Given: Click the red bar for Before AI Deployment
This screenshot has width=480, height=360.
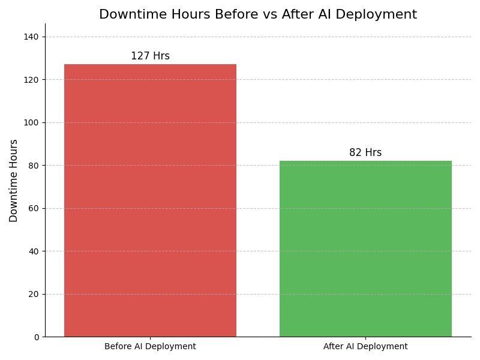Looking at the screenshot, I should [150, 200].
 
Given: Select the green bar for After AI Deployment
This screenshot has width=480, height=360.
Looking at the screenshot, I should [365, 248].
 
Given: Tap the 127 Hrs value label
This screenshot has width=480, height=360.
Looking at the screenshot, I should [150, 56].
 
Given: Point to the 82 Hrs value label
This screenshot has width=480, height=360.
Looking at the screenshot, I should [365, 153].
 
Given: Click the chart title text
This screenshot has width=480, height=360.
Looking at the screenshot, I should [258, 15].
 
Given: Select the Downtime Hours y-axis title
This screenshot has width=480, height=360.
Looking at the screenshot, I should [14, 181].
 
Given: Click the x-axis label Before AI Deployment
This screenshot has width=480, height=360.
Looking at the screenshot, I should [150, 347].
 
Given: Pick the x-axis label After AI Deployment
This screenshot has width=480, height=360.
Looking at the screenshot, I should [365, 347].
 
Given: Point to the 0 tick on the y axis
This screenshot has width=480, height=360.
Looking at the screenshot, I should [36, 337].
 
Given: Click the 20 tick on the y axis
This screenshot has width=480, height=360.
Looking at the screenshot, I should [34, 294].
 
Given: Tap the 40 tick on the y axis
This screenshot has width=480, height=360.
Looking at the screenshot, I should [34, 251].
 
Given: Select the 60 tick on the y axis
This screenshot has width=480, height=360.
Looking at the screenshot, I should [34, 208].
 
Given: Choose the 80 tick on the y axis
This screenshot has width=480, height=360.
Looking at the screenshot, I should [34, 166].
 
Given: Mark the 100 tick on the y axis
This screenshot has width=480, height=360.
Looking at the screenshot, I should [32, 122].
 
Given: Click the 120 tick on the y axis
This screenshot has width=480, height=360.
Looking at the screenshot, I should [32, 80].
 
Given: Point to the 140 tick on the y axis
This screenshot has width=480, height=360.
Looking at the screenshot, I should [32, 37].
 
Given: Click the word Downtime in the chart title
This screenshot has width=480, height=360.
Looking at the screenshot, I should [128, 15].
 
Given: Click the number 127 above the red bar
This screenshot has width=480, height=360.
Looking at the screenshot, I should [140, 56].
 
